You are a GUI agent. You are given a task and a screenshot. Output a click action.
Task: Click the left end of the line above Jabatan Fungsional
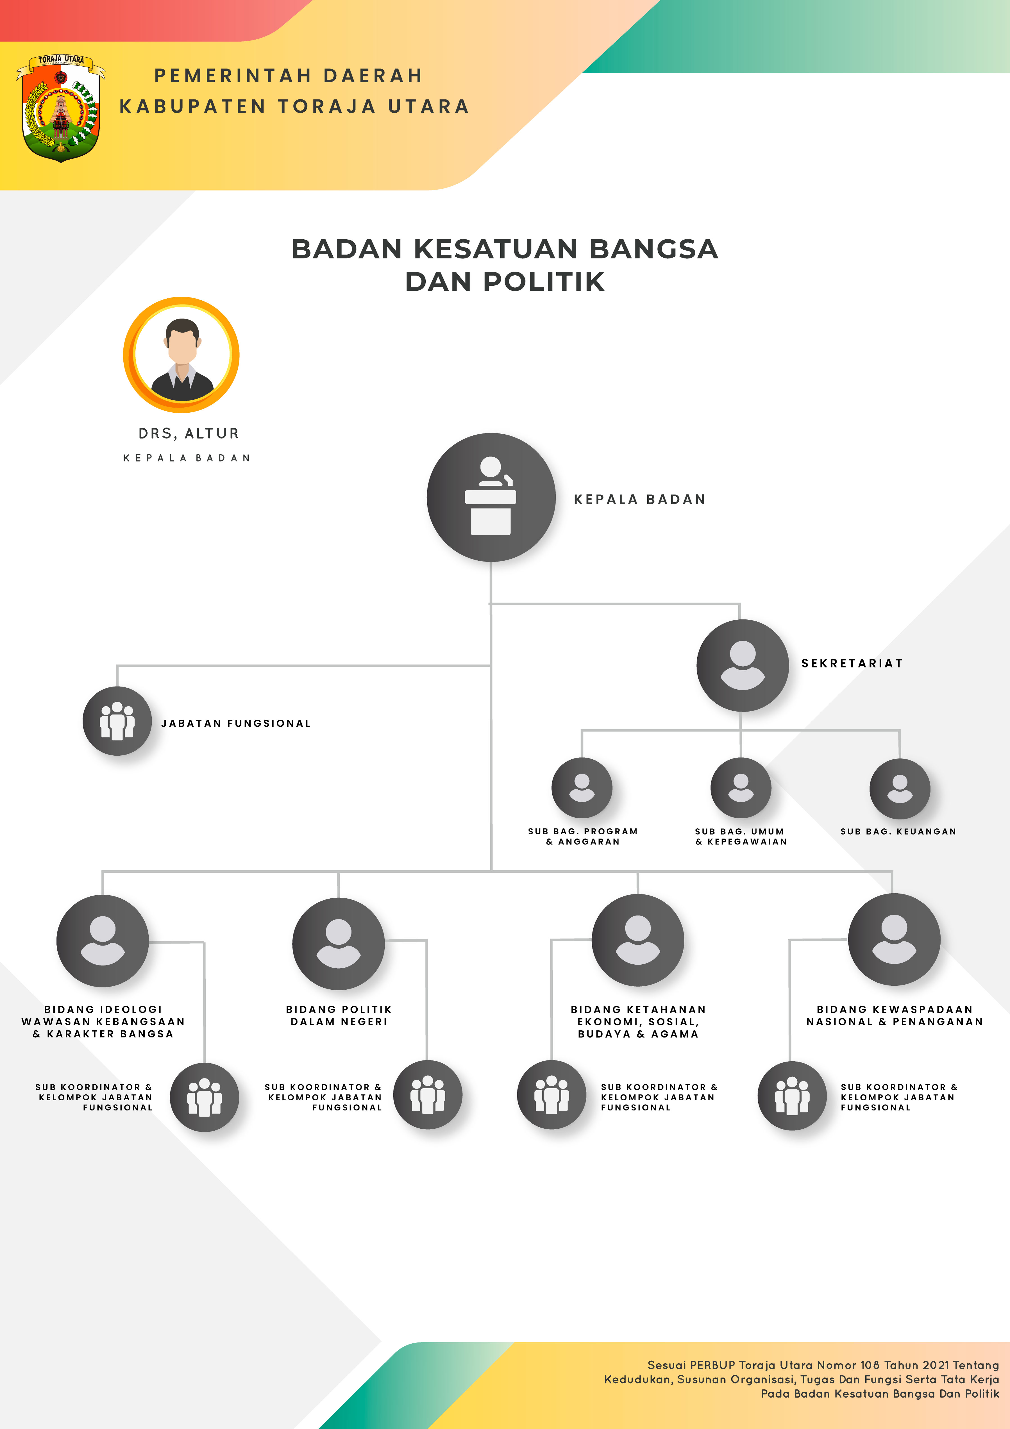pyautogui.click(x=117, y=666)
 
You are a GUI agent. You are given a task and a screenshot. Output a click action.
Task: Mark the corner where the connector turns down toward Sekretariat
pyautogui.click(x=739, y=604)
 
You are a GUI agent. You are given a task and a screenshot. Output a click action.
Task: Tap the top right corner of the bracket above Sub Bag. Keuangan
pyautogui.click(x=899, y=730)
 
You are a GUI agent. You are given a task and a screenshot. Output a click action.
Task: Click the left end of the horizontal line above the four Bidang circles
pyautogui.click(x=103, y=871)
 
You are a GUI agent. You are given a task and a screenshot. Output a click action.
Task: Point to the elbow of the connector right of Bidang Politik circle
pyautogui.click(x=426, y=940)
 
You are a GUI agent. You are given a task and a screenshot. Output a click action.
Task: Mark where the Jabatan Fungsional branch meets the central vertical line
pyautogui.click(x=491, y=666)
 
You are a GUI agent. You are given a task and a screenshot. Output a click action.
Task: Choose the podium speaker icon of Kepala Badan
pyautogui.click(x=491, y=497)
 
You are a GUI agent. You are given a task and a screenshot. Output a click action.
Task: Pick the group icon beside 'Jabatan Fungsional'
pyautogui.click(x=117, y=721)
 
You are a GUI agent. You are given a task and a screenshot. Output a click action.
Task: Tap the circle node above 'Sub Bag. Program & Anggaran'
pyautogui.click(x=582, y=788)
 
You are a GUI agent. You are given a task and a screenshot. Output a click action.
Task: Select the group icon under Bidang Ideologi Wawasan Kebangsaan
pyautogui.click(x=205, y=1097)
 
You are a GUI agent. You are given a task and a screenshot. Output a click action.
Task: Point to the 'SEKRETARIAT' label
pyautogui.click(x=852, y=664)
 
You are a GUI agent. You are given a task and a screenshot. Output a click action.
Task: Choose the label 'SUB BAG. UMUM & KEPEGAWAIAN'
pyautogui.click(x=741, y=837)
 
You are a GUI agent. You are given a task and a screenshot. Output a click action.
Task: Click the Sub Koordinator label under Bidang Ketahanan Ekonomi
pyautogui.click(x=659, y=1097)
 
